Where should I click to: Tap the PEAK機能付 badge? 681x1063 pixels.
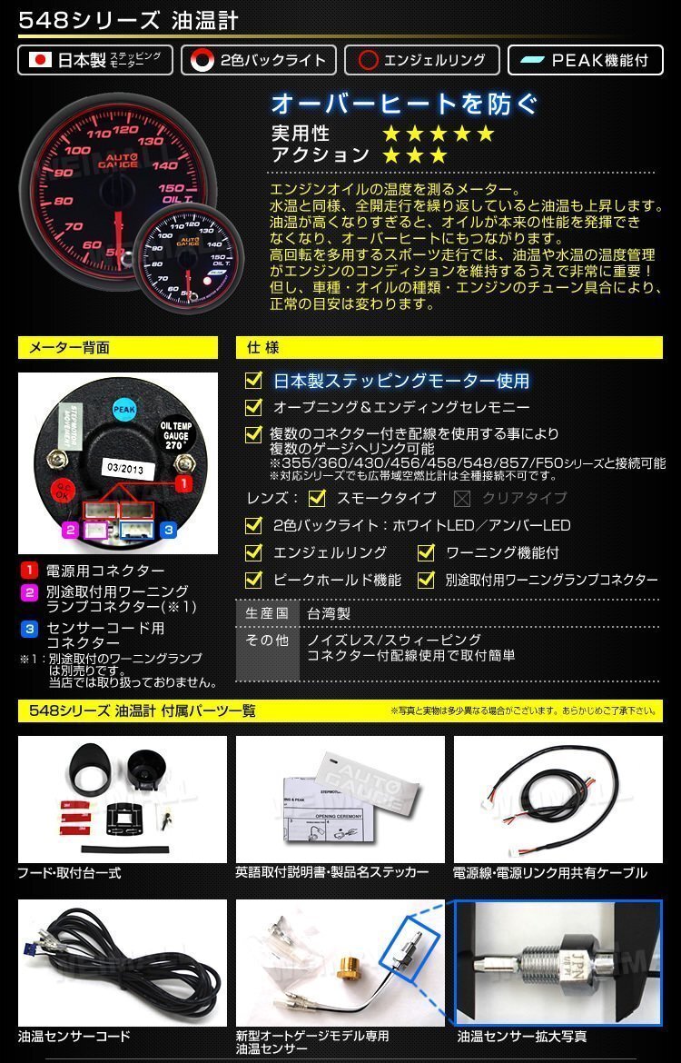click(x=586, y=61)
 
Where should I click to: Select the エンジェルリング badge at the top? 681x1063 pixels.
click(x=421, y=61)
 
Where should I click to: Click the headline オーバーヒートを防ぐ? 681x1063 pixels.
click(x=404, y=104)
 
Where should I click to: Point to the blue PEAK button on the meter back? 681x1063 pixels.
click(x=125, y=408)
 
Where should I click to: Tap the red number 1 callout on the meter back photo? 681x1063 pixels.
click(x=184, y=485)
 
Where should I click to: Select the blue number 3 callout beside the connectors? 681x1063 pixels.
click(x=167, y=528)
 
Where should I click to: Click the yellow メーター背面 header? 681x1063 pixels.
click(x=117, y=347)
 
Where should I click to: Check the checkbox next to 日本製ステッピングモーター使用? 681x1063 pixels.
click(x=255, y=380)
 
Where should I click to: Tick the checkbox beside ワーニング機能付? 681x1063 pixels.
click(x=426, y=552)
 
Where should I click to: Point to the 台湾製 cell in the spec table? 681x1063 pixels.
click(x=328, y=613)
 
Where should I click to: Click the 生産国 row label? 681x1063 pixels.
click(x=267, y=613)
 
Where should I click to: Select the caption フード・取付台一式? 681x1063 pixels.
click(x=69, y=873)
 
